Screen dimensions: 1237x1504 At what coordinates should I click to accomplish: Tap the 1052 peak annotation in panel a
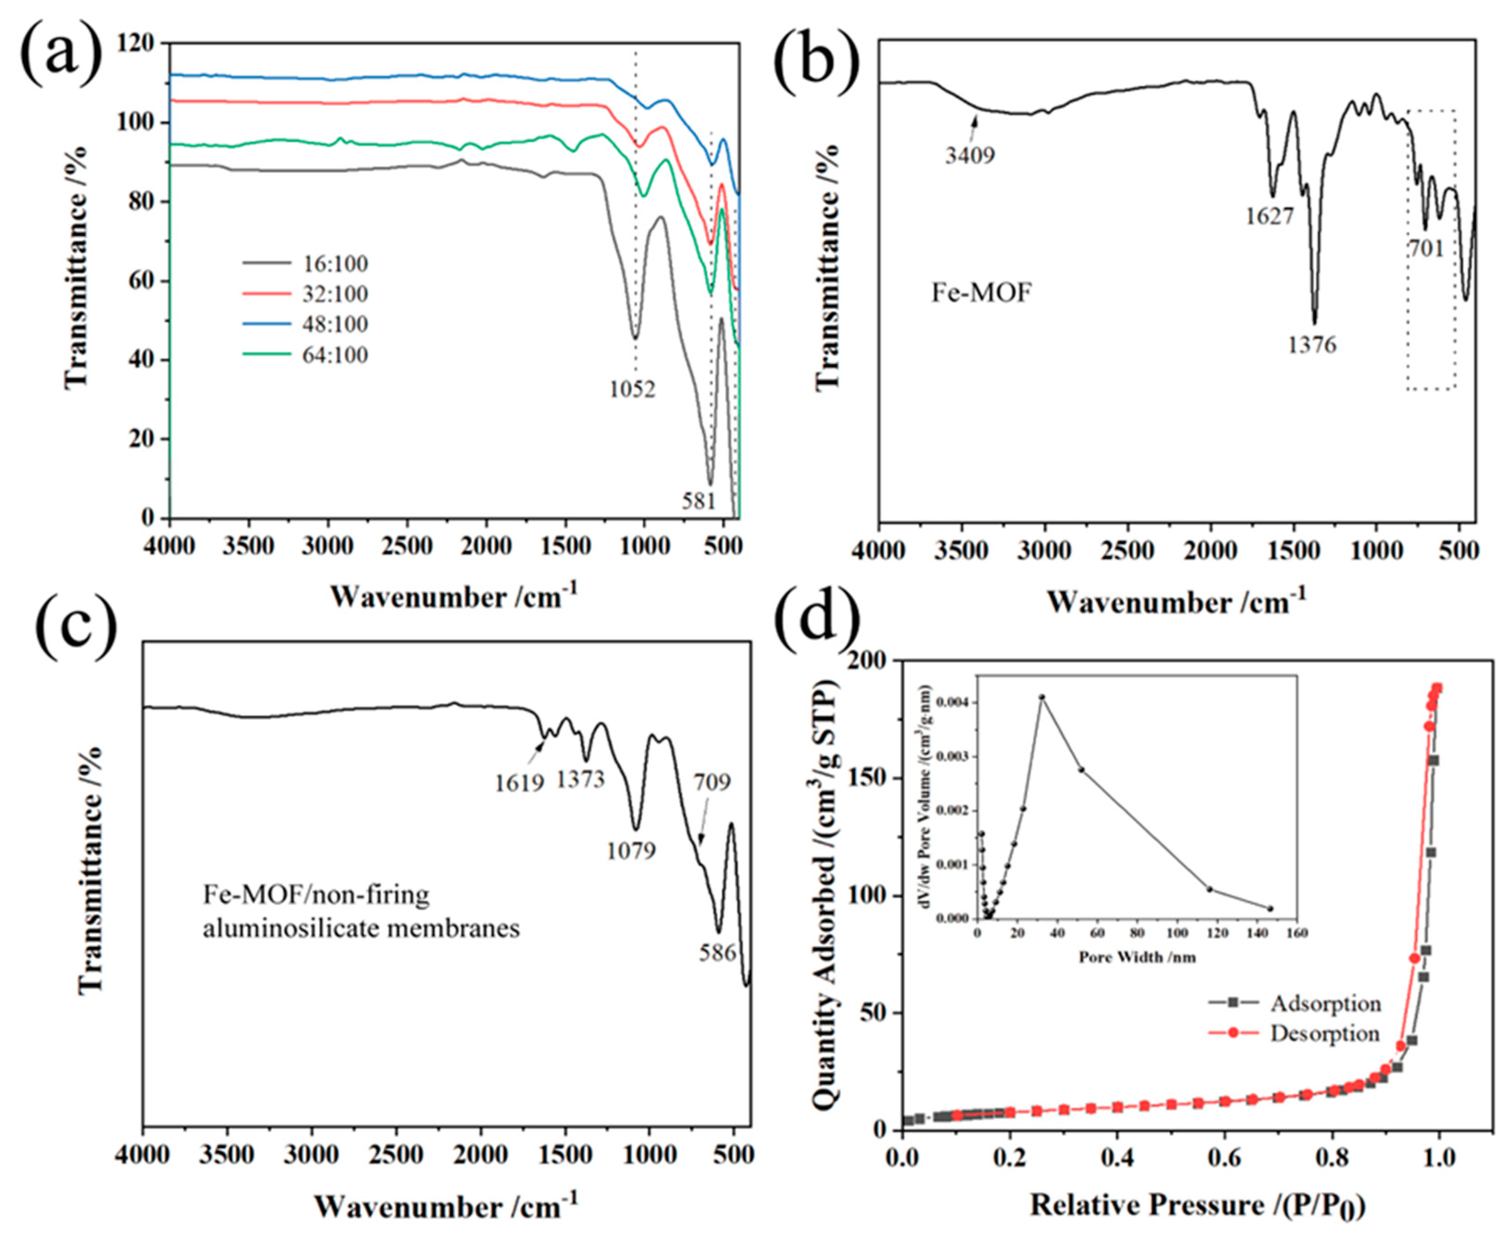click(632, 389)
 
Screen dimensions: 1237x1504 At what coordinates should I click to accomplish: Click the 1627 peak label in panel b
click(1269, 215)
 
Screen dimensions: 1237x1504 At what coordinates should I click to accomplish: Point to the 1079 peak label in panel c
click(631, 850)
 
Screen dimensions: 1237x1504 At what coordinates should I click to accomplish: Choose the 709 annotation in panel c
click(713, 782)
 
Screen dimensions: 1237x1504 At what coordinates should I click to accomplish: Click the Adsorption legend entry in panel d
click(1325, 1003)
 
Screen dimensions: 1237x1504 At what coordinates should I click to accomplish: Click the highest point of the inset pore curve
click(1042, 697)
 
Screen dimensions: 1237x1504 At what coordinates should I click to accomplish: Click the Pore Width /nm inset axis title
click(1136, 957)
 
